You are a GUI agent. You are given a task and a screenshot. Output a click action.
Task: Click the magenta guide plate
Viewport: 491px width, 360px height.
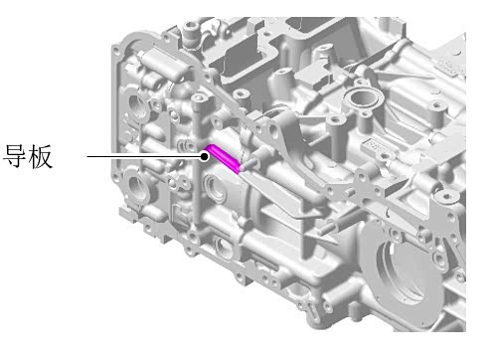click(x=223, y=158)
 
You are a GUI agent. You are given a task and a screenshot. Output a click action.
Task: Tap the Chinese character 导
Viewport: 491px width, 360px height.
click(x=15, y=156)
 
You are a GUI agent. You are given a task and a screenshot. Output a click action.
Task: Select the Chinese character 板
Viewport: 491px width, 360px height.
click(x=40, y=156)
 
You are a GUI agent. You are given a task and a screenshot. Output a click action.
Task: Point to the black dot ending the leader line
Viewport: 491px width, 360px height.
click(x=205, y=156)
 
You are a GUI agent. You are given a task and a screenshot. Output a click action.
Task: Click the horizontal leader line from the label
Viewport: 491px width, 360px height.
click(x=144, y=156)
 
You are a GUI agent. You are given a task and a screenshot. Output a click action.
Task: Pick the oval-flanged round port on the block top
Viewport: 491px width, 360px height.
click(x=364, y=97)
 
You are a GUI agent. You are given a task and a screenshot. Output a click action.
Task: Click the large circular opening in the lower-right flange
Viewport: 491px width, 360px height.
click(x=407, y=271)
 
